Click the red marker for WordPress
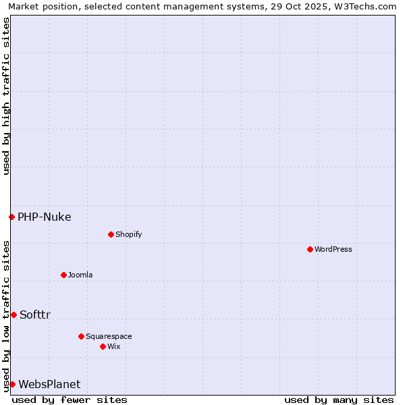(310, 250)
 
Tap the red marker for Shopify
(111, 235)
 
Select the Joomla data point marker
(63, 275)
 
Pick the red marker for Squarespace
(81, 336)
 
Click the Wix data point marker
(103, 346)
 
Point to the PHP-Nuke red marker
(11, 217)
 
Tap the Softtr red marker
(13, 315)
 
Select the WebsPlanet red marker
(12, 384)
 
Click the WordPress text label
(333, 250)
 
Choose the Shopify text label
(129, 235)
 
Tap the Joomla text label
(80, 275)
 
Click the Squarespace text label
(109, 337)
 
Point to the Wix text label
(114, 347)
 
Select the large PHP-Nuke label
(45, 217)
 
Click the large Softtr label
(35, 315)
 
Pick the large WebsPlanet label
(49, 385)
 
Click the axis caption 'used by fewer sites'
(70, 400)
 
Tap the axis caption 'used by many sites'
(339, 400)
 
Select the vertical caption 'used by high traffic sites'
(6, 96)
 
